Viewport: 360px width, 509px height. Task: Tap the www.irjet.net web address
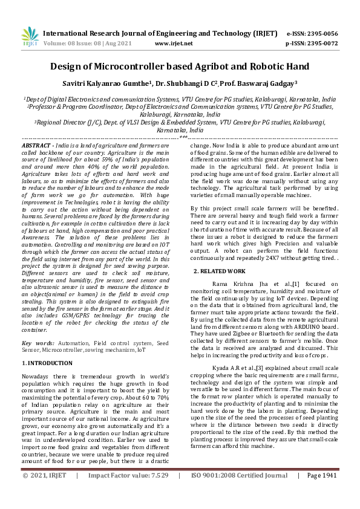[174, 44]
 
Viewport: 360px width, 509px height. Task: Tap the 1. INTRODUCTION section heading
[47, 363]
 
